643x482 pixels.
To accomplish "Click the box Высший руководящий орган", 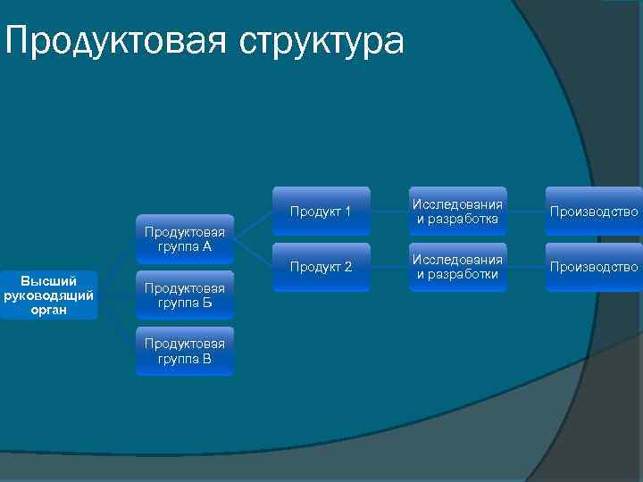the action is [x=49, y=295].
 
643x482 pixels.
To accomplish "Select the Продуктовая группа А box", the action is [x=185, y=238].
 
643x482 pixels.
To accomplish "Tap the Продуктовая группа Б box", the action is [x=185, y=295].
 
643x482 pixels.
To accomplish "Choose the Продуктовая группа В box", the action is [x=185, y=351].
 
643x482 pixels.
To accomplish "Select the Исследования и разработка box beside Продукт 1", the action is [x=457, y=212].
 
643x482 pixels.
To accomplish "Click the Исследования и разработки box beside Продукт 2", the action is [x=457, y=267].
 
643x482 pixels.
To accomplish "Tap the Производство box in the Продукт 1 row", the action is [x=594, y=212].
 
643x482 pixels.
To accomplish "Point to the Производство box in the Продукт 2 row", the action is [x=594, y=267].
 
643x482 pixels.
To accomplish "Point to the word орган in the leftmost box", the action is [x=49, y=311].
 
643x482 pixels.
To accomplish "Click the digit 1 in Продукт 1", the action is [x=348, y=212].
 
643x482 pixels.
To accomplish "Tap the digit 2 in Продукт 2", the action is [x=348, y=267].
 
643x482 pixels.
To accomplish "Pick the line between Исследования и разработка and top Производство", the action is [x=525, y=212].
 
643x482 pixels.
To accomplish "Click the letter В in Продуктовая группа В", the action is [x=206, y=359].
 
